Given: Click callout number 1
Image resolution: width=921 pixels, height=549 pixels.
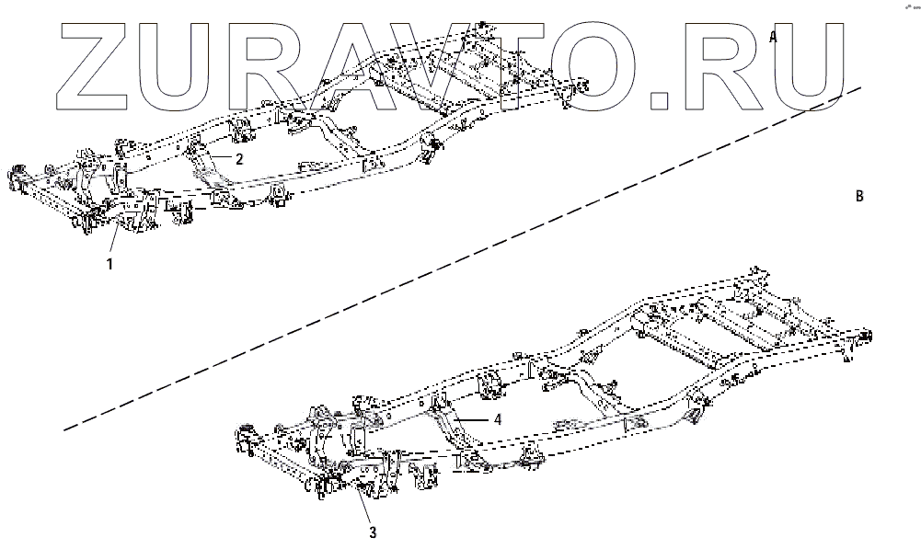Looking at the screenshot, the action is coord(109,264).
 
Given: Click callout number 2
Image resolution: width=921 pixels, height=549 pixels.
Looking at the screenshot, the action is coord(239,159).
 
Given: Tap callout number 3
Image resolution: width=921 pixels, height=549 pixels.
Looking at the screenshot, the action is coord(373,532).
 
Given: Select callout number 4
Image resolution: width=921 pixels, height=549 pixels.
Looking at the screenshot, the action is coord(497,418).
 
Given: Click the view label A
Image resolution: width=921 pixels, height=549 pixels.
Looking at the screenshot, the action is coord(774,37).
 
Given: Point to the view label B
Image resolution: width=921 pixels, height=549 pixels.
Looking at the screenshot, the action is coord(858,196).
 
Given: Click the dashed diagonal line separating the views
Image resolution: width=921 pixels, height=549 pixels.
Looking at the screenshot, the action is coord(460,259).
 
